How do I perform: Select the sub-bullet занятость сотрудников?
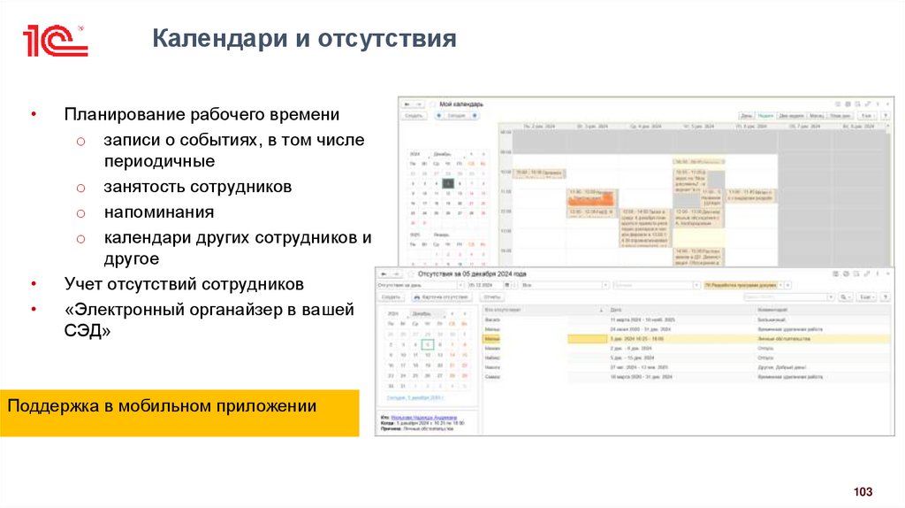197,188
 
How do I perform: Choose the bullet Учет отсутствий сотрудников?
183,284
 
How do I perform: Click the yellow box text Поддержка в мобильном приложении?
162,406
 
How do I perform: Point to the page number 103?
862,491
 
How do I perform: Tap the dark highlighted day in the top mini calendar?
448,183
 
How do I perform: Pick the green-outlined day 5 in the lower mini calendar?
428,344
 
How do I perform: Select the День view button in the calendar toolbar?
747,115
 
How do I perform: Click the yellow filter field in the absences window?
742,286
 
